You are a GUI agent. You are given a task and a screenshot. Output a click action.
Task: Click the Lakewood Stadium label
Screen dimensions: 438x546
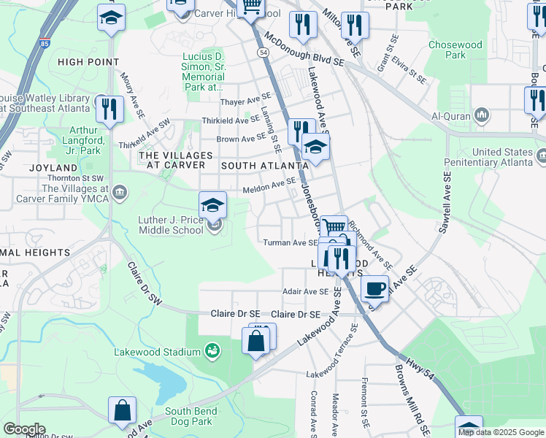coord(157,352)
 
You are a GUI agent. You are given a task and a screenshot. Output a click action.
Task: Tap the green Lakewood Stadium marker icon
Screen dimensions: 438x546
coord(212,351)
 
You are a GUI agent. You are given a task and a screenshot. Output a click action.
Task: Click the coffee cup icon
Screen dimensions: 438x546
coord(374,288)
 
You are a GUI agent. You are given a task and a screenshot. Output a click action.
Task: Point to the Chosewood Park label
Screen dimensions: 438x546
coord(455,50)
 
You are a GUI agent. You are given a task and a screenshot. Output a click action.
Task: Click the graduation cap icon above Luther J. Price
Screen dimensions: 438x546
coord(212,205)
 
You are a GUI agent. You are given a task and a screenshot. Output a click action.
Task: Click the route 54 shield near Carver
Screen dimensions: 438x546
coord(263,53)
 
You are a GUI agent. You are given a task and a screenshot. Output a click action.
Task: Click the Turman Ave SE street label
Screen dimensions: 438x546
coord(290,242)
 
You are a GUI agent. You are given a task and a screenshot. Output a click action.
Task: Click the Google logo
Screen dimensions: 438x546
coord(24,429)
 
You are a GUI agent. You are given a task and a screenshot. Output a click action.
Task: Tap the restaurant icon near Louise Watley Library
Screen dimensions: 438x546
coord(110,109)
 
